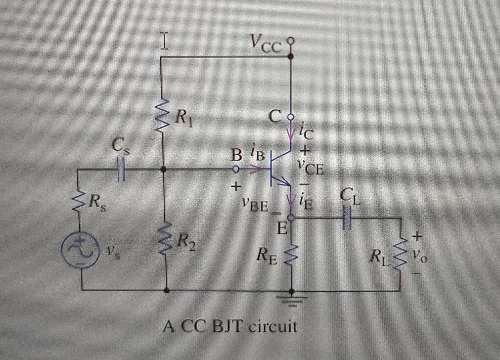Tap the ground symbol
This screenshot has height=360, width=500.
291,300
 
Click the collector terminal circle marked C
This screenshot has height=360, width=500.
291,117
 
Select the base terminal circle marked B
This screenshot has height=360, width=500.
235,169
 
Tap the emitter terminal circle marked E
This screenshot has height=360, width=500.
291,218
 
